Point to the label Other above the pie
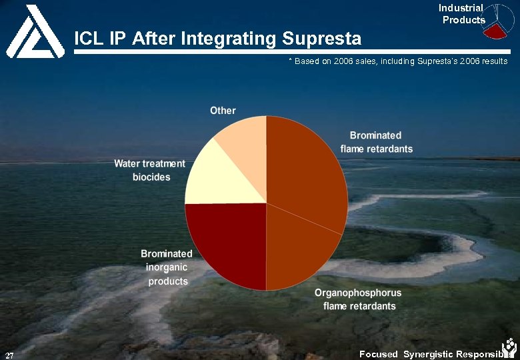pos(223,110)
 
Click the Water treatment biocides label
pos(150,170)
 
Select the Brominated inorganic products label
pos(167,267)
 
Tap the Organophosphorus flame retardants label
pos(359,299)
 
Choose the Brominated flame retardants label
pos(377,142)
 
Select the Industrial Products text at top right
pos(462,14)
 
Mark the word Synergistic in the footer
pos(430,354)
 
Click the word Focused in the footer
pos(378,354)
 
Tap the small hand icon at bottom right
pos(509,347)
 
